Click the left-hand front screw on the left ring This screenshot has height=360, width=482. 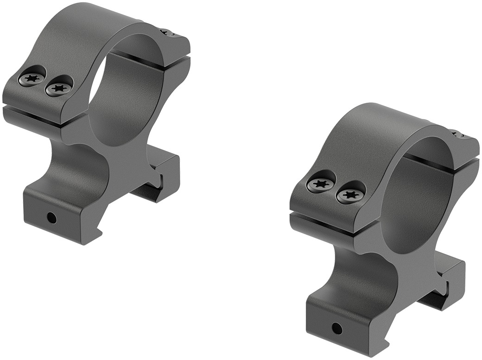coord(32,78)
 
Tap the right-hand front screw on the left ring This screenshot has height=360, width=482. coord(58,88)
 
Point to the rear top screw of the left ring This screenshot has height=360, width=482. coord(167,32)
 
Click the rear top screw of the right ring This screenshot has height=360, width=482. coord(459,135)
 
